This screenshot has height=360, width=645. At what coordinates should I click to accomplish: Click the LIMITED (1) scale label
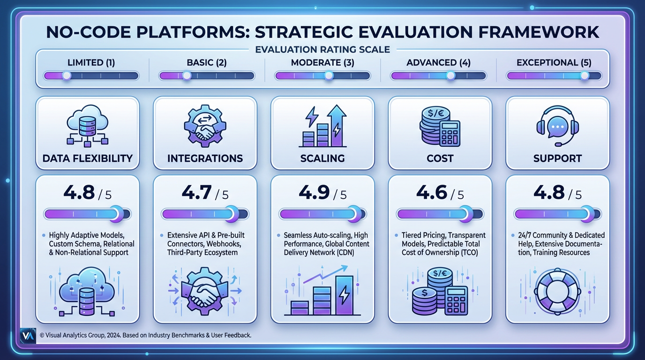point(91,62)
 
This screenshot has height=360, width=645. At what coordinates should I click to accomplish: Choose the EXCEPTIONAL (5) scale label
point(554,62)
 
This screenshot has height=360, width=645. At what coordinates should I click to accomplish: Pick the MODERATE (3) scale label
point(322,62)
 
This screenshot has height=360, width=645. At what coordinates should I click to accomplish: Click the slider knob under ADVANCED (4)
point(450,75)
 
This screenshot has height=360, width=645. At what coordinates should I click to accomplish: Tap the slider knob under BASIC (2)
point(187,75)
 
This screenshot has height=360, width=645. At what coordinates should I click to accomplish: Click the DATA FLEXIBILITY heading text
point(88,158)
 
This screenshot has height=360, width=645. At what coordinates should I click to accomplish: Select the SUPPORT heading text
point(557,158)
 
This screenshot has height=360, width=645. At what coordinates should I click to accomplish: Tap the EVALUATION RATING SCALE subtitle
point(322,48)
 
